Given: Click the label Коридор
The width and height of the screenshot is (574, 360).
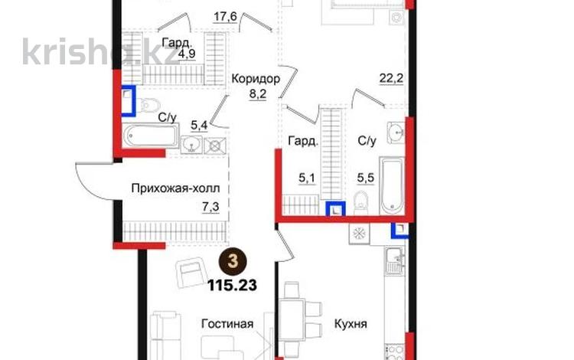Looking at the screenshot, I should coord(255,78).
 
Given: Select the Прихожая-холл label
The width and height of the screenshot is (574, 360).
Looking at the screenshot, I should coord(181,188).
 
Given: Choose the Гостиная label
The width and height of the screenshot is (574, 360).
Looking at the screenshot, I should coord(227,323).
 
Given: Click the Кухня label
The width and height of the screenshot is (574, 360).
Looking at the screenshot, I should coord(350,324).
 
